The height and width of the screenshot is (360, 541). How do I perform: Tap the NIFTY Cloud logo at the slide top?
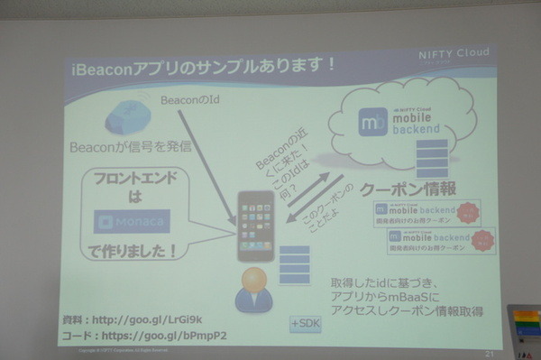(x=453, y=53)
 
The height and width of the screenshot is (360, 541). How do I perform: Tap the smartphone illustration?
(x=255, y=226)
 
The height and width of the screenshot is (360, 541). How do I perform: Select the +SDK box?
(x=304, y=323)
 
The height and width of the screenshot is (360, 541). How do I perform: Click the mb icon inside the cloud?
(x=371, y=123)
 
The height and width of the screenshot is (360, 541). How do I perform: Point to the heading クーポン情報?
(x=408, y=190)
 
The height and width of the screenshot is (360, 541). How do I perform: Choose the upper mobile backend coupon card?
(x=421, y=215)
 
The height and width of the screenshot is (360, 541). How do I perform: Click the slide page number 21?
(x=489, y=353)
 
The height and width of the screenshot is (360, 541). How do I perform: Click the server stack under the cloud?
(x=432, y=157)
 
